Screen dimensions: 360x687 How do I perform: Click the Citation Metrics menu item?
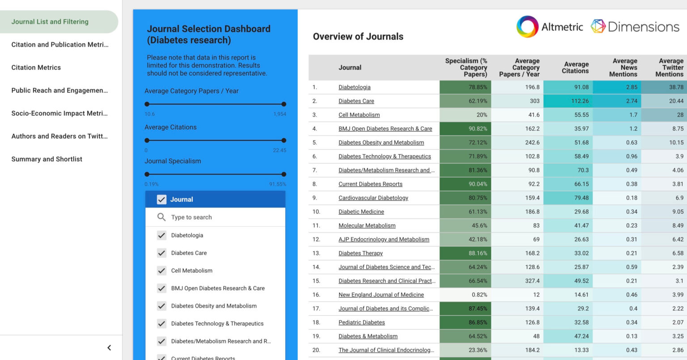point(36,68)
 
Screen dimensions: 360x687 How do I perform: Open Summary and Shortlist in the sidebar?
point(47,159)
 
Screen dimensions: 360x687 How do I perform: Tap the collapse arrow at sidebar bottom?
point(109,347)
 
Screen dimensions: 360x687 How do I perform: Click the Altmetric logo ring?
point(527,27)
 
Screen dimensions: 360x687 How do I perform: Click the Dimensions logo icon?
point(598,26)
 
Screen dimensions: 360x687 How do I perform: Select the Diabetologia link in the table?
point(354,87)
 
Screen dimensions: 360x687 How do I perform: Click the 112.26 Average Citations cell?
point(580,101)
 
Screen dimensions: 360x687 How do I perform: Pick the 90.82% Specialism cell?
point(478,129)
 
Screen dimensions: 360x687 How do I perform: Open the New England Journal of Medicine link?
point(381,295)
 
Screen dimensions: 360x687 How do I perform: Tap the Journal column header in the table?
point(350,68)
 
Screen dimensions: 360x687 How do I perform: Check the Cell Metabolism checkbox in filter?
point(161,271)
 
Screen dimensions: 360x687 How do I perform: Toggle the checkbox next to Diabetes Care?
point(161,253)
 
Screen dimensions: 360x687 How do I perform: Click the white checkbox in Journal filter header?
point(161,199)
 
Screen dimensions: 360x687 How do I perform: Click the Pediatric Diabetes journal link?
point(361,322)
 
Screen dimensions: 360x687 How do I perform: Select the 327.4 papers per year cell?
point(532,281)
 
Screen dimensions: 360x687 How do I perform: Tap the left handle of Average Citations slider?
point(147,140)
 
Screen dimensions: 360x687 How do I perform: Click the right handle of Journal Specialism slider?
point(284,174)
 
